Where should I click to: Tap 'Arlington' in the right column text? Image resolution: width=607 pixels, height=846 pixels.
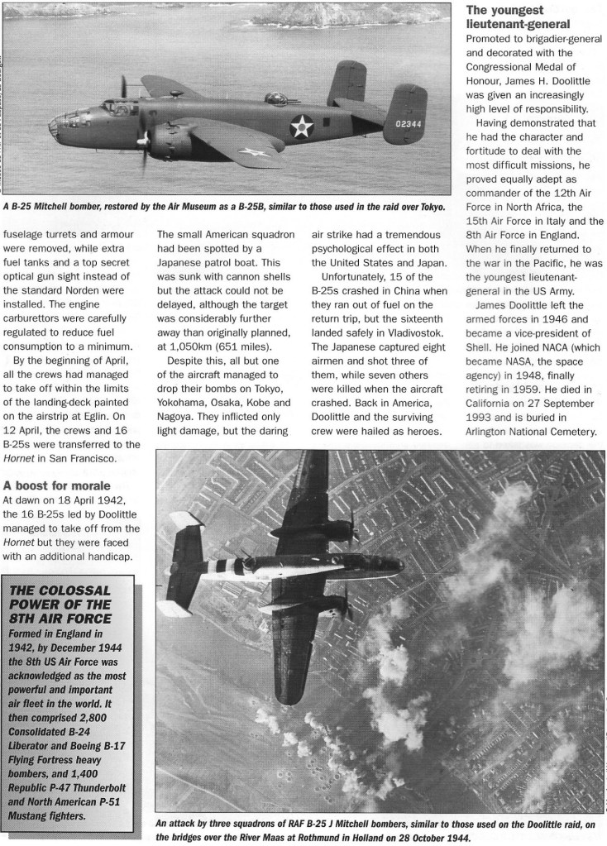point(495,431)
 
